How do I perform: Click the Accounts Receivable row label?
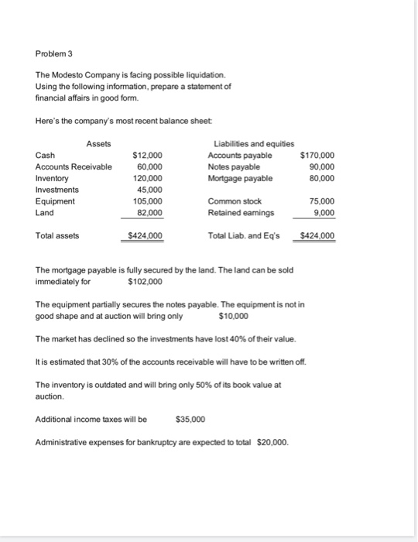[x=74, y=166]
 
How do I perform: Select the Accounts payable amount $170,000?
[x=317, y=155]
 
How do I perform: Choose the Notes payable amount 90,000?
[x=320, y=166]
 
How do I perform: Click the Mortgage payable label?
[x=240, y=178]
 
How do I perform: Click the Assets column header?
[x=98, y=143]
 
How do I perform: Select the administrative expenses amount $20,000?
[x=273, y=442]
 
